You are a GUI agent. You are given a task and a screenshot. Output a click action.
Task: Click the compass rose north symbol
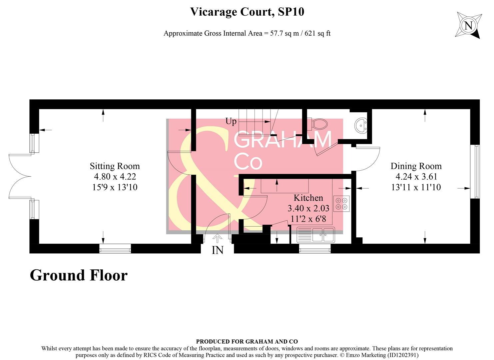[468, 25]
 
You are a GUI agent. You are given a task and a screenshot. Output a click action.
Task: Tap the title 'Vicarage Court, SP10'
[247, 12]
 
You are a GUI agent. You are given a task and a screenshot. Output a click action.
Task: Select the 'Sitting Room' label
[115, 166]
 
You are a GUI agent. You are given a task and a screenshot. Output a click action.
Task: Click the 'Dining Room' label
[416, 166]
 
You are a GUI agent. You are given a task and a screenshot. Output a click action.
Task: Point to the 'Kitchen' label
[308, 198]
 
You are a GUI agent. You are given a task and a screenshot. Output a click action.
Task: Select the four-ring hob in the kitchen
[341, 204]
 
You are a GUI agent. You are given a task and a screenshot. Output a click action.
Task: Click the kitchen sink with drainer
[315, 235]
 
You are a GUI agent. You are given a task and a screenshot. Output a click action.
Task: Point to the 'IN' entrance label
[218, 250]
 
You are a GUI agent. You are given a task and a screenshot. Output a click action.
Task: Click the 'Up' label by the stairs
[231, 121]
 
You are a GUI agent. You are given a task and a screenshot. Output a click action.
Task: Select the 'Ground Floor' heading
[79, 275]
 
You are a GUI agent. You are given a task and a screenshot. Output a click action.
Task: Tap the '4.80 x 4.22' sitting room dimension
[115, 177]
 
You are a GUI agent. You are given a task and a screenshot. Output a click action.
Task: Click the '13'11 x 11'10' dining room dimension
[416, 187]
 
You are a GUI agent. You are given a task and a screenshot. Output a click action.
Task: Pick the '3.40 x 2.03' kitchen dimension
[308, 208]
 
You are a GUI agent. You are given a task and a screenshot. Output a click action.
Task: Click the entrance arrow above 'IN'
[217, 238]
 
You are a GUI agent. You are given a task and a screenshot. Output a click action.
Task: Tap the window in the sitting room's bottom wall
[115, 249]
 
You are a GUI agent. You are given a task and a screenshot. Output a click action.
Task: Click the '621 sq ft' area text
[317, 33]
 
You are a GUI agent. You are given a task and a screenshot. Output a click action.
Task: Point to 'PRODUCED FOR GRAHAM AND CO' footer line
[247, 341]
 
